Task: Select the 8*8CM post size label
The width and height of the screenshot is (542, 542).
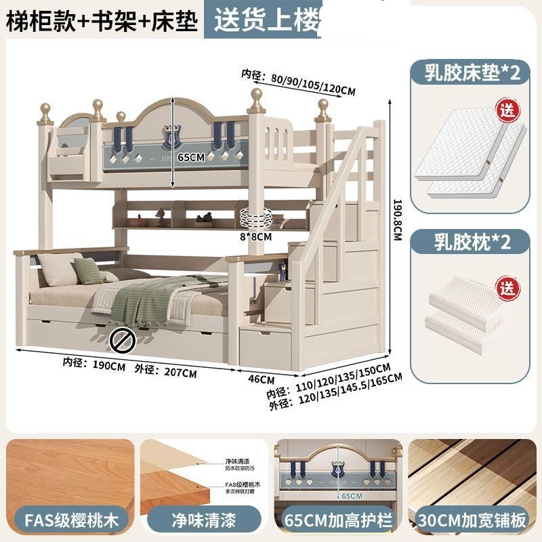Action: pos(255,237)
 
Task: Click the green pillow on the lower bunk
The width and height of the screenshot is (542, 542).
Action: pos(89,271)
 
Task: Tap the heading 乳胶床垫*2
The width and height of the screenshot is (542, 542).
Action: pos(473,73)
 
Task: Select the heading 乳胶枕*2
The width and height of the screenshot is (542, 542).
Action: pos(473,242)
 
